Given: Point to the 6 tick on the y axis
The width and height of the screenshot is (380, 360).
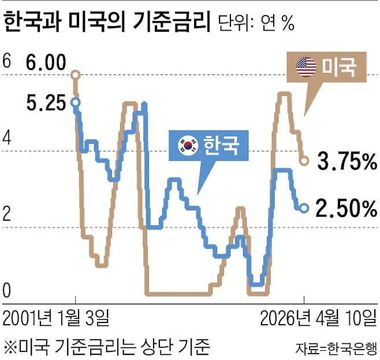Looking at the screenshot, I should pyautogui.click(x=7, y=61).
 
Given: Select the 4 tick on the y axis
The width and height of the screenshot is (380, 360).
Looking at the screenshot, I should pyautogui.click(x=7, y=138).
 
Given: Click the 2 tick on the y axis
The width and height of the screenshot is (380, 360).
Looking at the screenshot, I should pyautogui.click(x=7, y=214).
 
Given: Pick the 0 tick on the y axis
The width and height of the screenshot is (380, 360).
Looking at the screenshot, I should pyautogui.click(x=7, y=291).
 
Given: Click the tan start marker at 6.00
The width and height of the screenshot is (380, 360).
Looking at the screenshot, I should pyautogui.click(x=75, y=75).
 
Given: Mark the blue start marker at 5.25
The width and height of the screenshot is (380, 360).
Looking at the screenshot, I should pyautogui.click(x=75, y=103).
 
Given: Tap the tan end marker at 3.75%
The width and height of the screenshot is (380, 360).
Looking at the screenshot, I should pyautogui.click(x=304, y=159).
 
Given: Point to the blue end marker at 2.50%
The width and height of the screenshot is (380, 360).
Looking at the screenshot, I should pyautogui.click(x=304, y=207).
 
